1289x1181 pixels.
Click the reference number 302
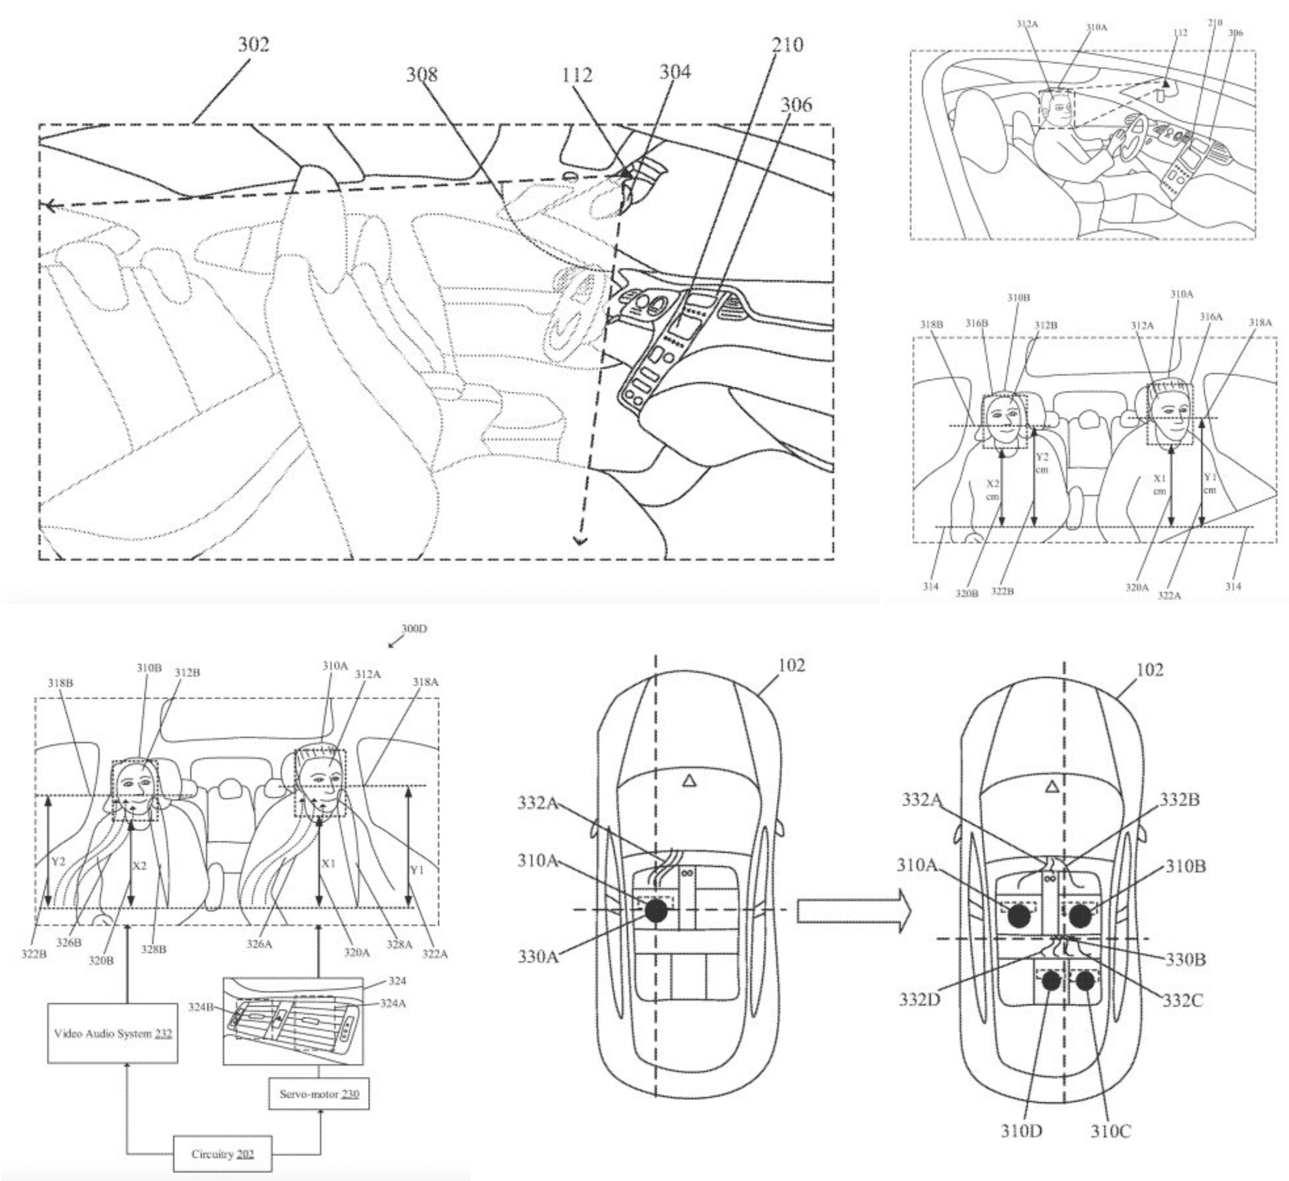[253, 45]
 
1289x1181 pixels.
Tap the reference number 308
[421, 74]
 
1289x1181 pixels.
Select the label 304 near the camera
[675, 71]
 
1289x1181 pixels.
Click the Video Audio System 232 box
[113, 1034]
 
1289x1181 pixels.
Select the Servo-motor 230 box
[319, 1094]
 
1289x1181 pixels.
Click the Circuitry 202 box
[222, 1154]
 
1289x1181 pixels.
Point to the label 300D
[414, 629]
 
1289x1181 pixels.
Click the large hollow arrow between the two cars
[852, 911]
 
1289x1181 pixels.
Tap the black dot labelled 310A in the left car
[656, 911]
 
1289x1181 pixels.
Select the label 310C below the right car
[1111, 1131]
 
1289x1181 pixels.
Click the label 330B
[1185, 959]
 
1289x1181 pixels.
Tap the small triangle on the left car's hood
[688, 780]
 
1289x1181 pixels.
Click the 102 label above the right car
[1149, 670]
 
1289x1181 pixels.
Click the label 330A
[538, 957]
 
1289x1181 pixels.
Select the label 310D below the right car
[1021, 1131]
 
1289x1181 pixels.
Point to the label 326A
[259, 944]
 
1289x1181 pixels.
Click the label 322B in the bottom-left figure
[33, 954]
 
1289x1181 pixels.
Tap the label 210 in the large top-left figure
[787, 45]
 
